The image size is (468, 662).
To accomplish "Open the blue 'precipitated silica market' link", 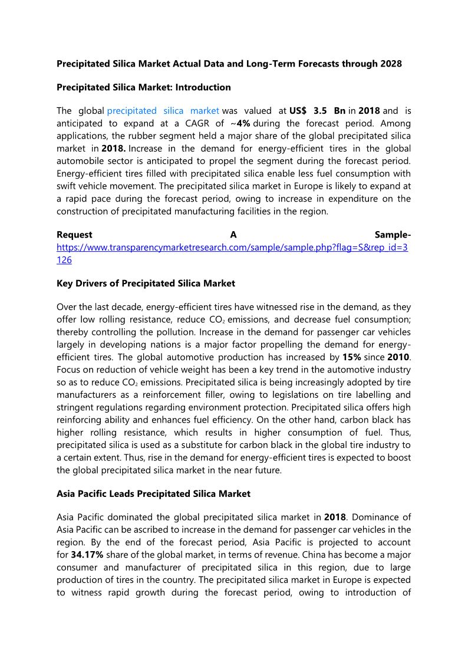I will click(163, 111).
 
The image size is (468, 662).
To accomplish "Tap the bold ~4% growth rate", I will click(244, 124).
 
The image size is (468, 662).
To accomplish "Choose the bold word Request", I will click(74, 235).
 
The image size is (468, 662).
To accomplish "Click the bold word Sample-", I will click(393, 235).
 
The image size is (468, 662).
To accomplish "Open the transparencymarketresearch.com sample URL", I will click(232, 247).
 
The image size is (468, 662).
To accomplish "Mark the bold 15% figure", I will click(352, 357).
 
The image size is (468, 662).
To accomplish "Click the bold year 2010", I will click(399, 357).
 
